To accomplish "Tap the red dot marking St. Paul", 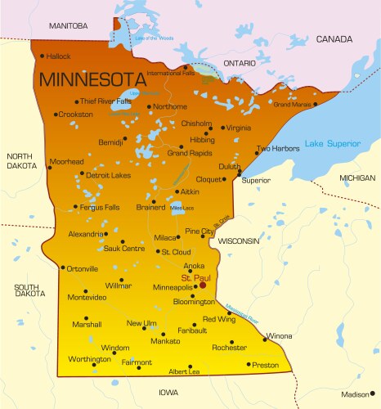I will tap(202, 286).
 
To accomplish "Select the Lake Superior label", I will tap(332, 144).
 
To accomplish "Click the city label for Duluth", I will tap(229, 166).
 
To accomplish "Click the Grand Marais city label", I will tap(293, 105).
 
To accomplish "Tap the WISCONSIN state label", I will tap(239, 242).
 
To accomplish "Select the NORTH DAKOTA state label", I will tap(20, 161).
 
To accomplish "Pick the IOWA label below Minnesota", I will tap(169, 392).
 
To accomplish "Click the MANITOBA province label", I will tap(68, 26).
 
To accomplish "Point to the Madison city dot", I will tap(374, 394).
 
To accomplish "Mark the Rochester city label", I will tap(229, 348).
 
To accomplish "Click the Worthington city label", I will tap(90, 359).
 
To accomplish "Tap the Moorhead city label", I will tap(66, 162).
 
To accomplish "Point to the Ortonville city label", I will tap(82, 268).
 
